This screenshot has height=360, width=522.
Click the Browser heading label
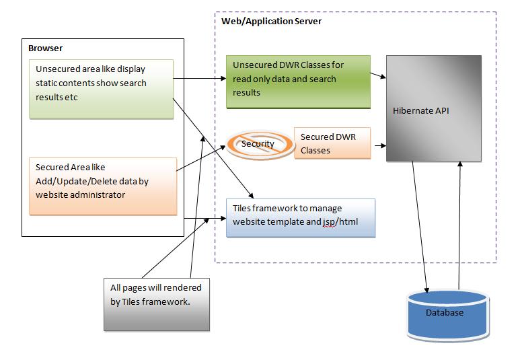click(x=46, y=48)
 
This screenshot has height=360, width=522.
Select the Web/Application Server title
click(x=271, y=22)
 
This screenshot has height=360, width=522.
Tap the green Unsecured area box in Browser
click(x=101, y=89)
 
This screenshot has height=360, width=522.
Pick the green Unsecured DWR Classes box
click(x=297, y=81)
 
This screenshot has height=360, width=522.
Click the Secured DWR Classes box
click(x=332, y=143)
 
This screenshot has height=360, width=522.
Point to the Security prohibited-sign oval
click(x=258, y=144)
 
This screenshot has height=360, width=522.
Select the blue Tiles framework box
click(x=299, y=217)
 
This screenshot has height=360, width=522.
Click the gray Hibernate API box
click(x=433, y=108)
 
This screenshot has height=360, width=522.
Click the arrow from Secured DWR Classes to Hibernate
click(x=379, y=144)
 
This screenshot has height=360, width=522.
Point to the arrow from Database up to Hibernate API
click(x=460, y=222)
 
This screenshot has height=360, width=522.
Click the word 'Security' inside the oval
click(x=258, y=144)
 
